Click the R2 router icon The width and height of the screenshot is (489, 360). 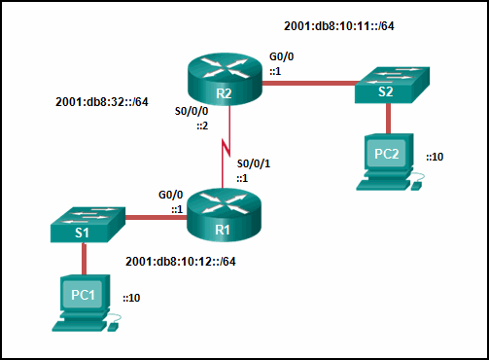click(225, 80)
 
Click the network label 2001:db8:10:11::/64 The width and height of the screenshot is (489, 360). click(338, 25)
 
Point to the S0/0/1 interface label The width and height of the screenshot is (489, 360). click(255, 163)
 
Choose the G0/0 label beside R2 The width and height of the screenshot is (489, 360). click(282, 57)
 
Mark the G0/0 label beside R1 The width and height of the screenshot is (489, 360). click(171, 195)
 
